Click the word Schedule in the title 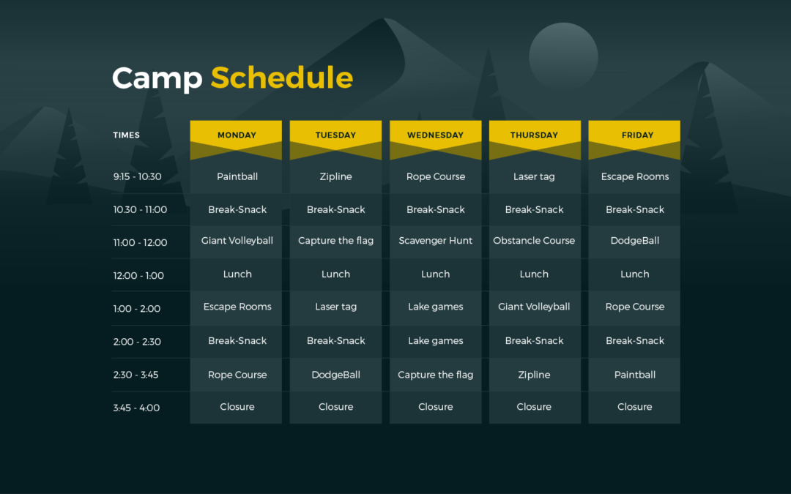[x=281, y=78]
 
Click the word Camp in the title [x=157, y=78]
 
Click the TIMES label [x=126, y=135]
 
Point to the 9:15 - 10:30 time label [x=137, y=176]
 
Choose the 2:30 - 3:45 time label [x=135, y=375]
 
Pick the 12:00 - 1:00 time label [x=138, y=276]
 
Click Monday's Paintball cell [x=236, y=176]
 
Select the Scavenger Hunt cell [x=435, y=241]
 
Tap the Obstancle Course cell [x=535, y=241]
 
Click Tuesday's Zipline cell [x=335, y=176]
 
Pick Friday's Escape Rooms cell [x=634, y=176]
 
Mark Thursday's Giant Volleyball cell [x=535, y=307]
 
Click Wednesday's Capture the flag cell [x=435, y=375]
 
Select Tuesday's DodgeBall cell [x=335, y=375]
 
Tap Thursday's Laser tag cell [x=535, y=176]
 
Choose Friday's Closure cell [x=634, y=407]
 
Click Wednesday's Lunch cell [x=435, y=274]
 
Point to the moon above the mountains [x=563, y=56]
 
